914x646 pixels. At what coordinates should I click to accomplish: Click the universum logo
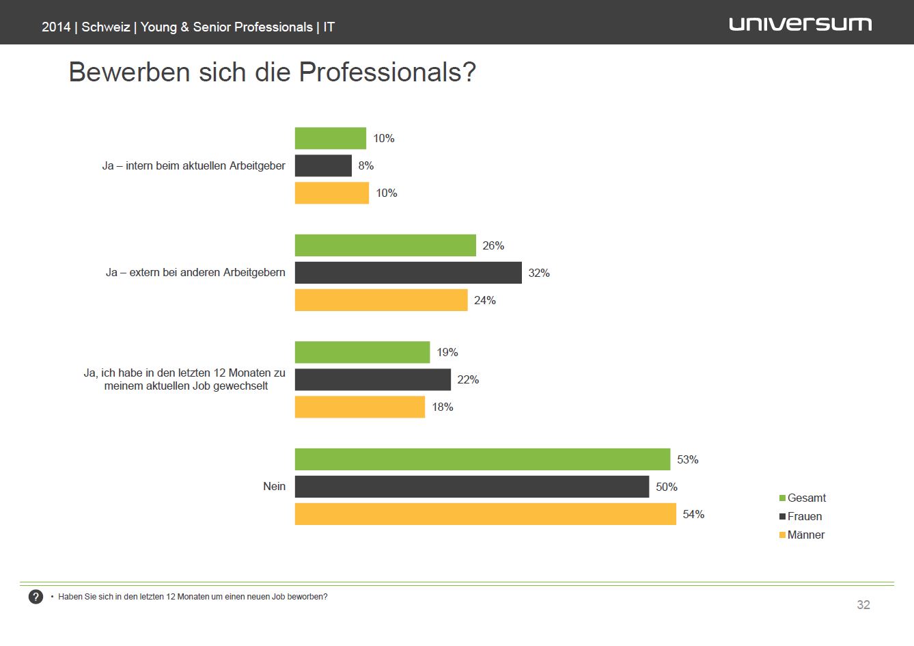800,25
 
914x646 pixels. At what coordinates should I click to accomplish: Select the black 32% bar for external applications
408,273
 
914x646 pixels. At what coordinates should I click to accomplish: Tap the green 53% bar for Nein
482,459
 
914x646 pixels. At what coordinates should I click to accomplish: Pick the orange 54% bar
485,514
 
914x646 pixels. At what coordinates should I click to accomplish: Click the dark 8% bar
323,165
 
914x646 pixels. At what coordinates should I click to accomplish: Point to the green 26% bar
385,245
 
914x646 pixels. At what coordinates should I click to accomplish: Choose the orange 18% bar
360,407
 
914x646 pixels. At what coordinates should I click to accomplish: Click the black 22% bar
373,379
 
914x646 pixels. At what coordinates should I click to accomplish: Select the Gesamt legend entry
803,498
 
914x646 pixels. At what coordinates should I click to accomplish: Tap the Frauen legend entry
801,517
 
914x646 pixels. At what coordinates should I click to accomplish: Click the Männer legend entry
802,535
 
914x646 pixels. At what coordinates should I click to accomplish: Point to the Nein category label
275,487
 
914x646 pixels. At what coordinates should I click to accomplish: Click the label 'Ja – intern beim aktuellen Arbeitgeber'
194,165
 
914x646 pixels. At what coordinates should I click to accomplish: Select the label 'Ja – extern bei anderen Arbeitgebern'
195,273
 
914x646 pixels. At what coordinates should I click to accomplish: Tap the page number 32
863,605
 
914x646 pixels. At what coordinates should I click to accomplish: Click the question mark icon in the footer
36,597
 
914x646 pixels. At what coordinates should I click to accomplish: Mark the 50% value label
667,487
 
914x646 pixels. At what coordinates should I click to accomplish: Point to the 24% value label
485,300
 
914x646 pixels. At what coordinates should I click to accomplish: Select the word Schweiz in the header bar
106,27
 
